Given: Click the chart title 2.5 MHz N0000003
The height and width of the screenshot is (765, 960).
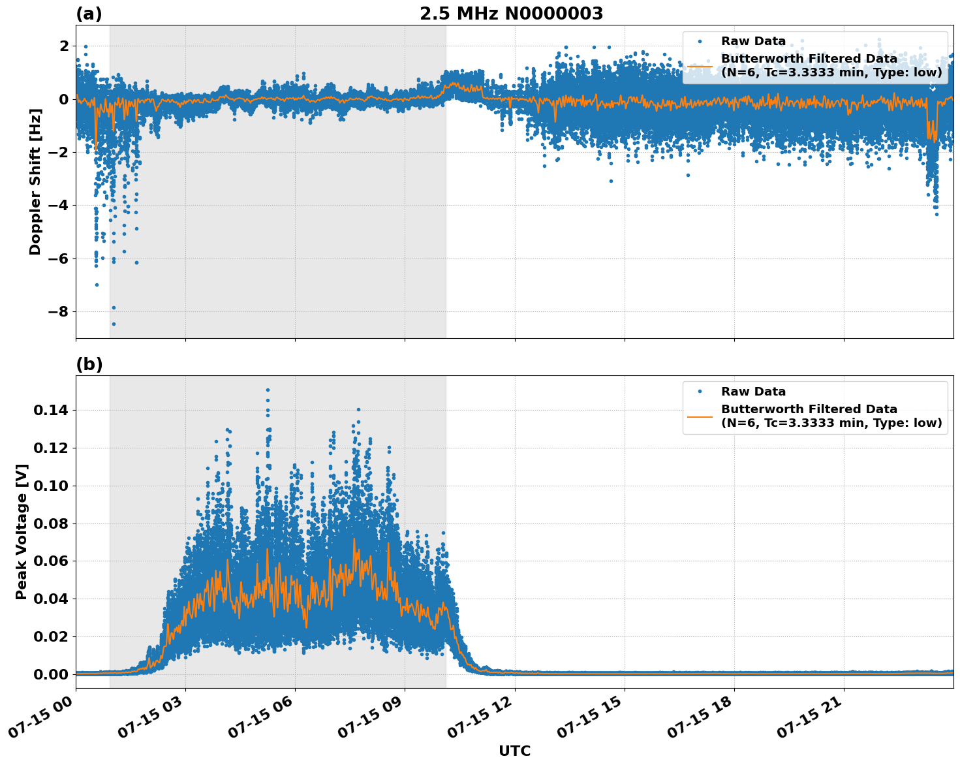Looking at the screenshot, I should point(511,14).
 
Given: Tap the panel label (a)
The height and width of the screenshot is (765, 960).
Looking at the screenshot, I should point(89,14).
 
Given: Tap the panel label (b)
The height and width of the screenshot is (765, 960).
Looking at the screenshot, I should point(89,364).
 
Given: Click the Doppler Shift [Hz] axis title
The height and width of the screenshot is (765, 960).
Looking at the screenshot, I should point(35,181).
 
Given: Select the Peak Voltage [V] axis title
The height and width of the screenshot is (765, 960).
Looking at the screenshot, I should point(22,532).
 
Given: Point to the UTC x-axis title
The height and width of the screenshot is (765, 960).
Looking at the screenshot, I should point(514,751).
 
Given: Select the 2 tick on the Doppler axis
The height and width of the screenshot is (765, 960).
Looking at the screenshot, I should point(64,46).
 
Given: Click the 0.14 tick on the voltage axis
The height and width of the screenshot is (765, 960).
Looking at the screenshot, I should point(51,410).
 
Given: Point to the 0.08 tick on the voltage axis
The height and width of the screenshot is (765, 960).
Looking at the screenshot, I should point(51,523).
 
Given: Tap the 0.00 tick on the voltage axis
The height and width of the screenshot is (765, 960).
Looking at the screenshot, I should point(51,674).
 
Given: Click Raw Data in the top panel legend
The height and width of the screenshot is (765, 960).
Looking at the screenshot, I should point(753,41).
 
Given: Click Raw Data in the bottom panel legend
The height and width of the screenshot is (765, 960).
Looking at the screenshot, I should point(753,392).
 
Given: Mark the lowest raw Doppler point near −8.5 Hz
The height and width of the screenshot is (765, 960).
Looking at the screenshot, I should point(114,324).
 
